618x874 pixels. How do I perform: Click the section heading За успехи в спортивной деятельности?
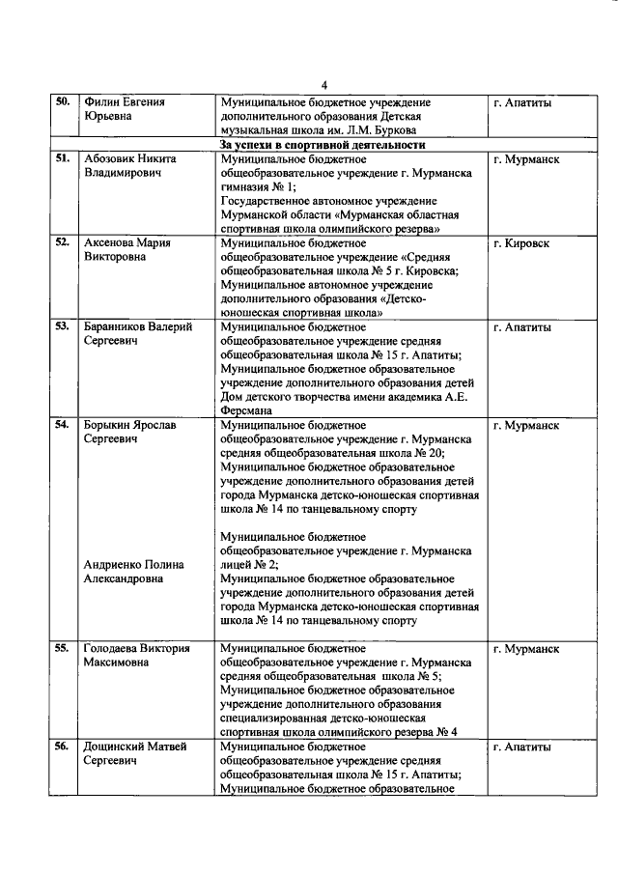click(x=309, y=145)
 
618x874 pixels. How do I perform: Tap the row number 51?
click(x=62, y=159)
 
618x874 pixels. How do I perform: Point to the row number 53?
click(x=62, y=327)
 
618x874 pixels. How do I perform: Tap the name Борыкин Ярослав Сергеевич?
click(x=129, y=432)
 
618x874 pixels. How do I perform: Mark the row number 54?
click(x=62, y=425)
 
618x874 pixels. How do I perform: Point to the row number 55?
click(x=62, y=648)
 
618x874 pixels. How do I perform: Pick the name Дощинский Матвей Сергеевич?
click(x=135, y=753)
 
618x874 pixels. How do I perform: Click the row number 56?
click(x=62, y=747)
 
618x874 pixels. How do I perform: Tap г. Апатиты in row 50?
click(x=521, y=102)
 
